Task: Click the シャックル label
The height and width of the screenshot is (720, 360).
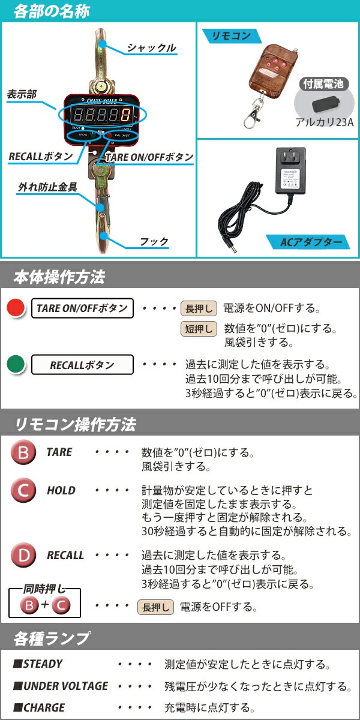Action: click(x=151, y=49)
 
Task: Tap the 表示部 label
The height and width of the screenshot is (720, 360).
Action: click(x=22, y=94)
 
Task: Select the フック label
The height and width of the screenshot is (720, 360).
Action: click(x=154, y=242)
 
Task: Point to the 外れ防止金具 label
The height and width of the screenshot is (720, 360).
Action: click(x=47, y=187)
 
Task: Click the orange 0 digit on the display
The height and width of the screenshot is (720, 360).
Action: click(x=125, y=114)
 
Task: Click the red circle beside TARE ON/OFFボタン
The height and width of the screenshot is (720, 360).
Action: click(x=15, y=308)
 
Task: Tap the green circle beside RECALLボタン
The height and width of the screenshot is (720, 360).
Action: click(x=15, y=364)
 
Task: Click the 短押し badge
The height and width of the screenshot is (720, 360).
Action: click(x=199, y=329)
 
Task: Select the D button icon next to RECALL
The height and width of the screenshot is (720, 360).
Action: click(x=23, y=555)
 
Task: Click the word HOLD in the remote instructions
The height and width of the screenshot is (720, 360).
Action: click(x=61, y=491)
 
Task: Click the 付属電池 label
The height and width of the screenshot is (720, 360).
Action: click(x=323, y=84)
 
